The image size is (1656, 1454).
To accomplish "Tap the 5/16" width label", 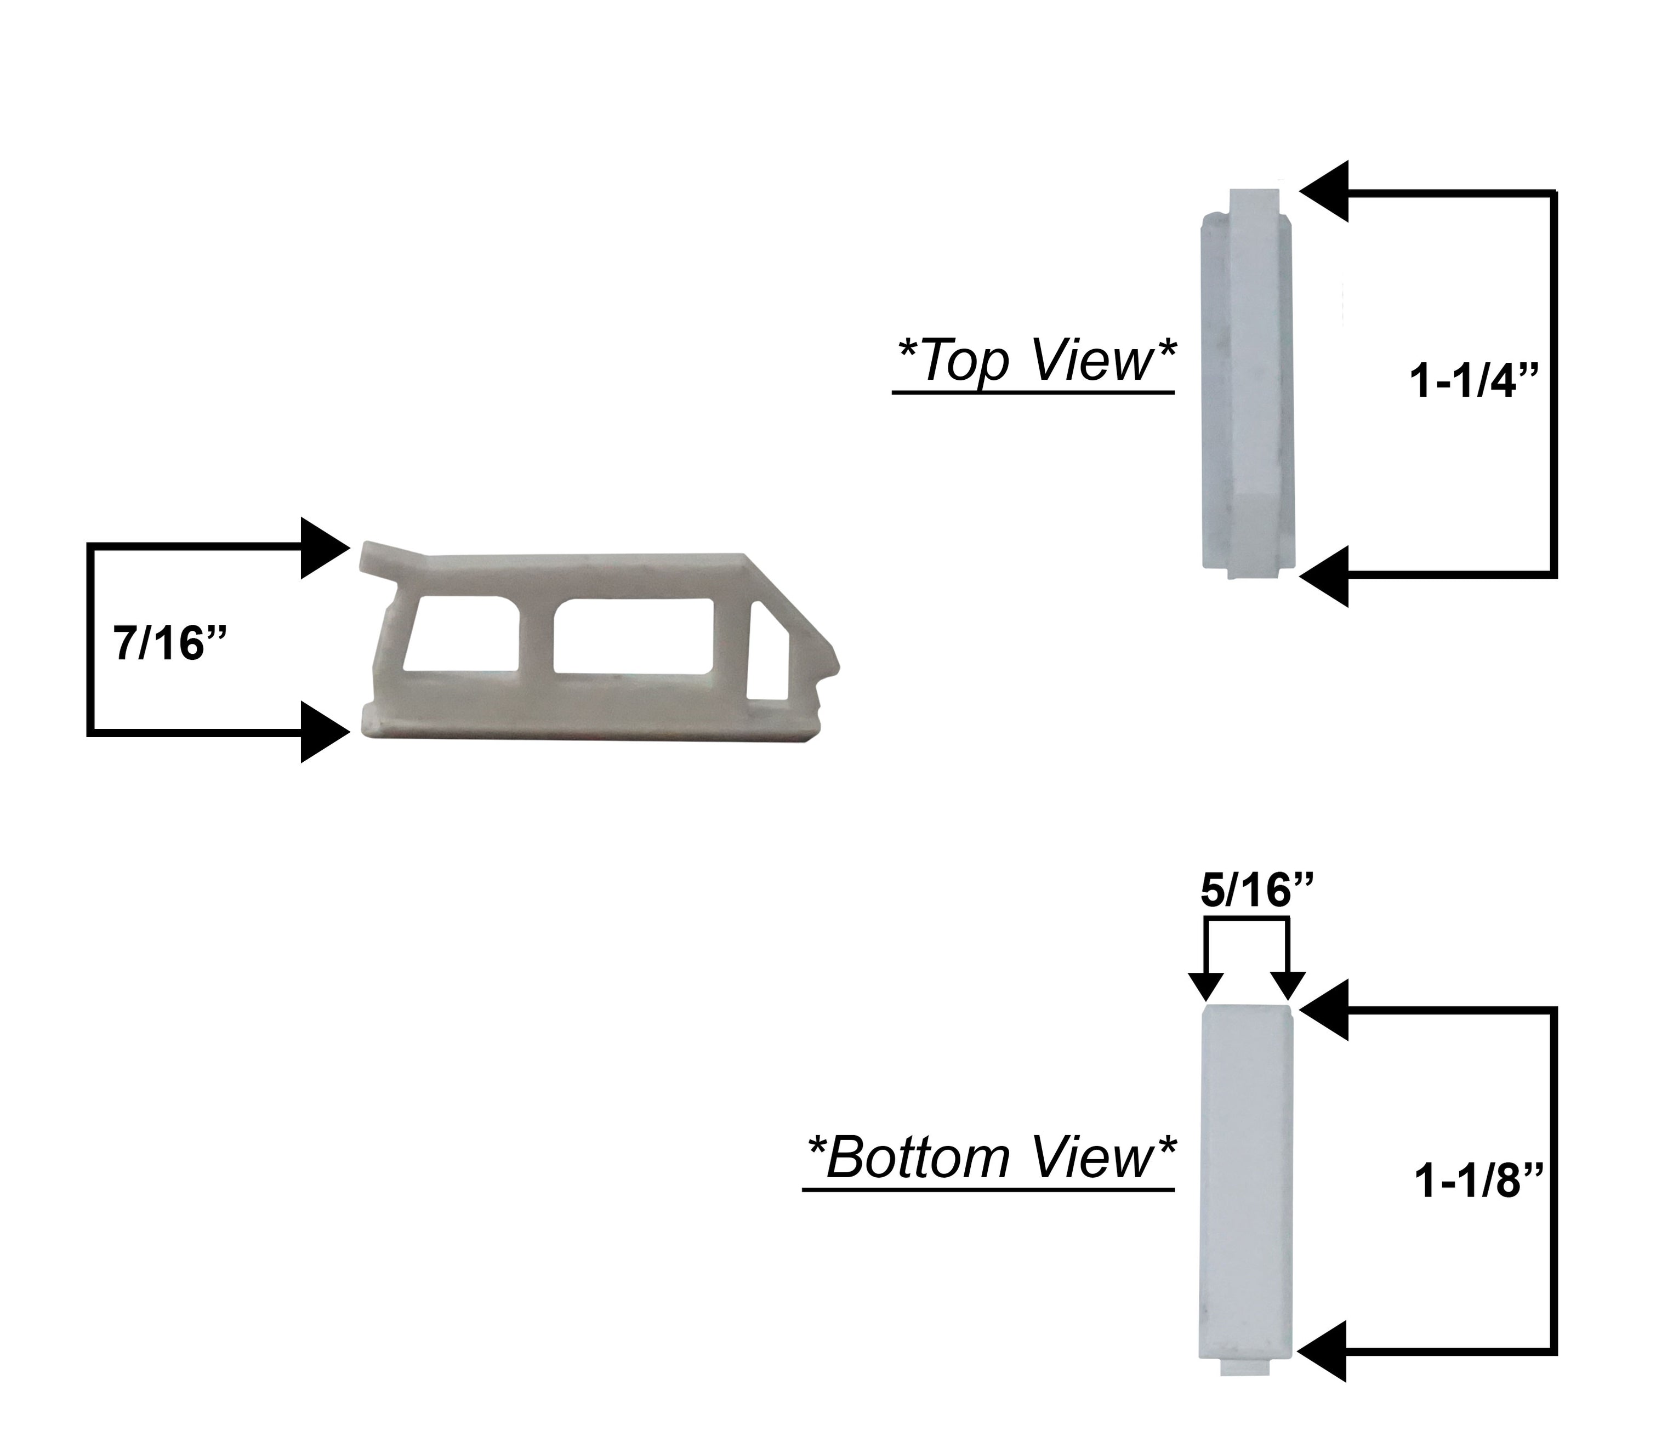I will [1256, 891].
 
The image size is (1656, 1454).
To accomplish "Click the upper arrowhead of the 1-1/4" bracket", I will [1325, 191].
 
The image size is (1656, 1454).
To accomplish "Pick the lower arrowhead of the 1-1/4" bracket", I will [1325, 576].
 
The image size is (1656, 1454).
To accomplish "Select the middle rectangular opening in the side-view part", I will [634, 636].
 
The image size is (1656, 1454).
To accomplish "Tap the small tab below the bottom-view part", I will [1244, 1366].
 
